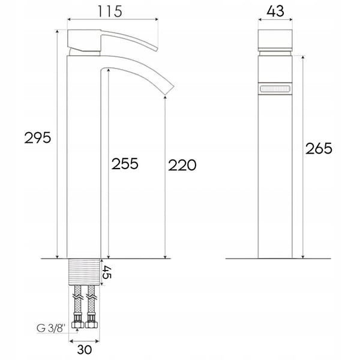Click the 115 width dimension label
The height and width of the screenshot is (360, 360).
coord(110,11)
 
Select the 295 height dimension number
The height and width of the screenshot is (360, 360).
coord(38,138)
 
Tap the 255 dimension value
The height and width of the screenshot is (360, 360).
coord(125,164)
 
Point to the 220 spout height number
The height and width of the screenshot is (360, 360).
coord(182,165)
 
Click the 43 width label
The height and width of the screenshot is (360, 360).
coord(275,11)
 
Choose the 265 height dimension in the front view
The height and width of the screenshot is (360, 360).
coord(319,148)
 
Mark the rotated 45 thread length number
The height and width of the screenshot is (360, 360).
coord(107,272)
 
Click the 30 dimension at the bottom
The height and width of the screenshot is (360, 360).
coord(85,349)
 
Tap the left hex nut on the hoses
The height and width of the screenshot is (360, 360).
coord(78,325)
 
